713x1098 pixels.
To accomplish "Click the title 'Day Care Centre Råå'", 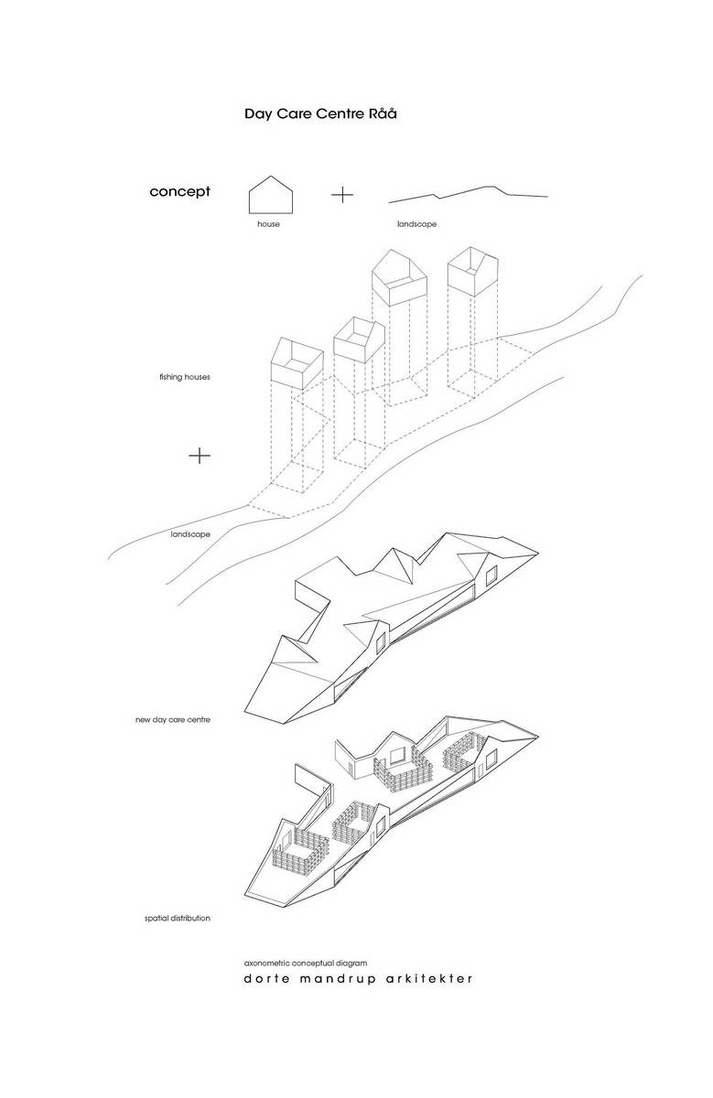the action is tap(320, 113).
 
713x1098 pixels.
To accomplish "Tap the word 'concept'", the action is tap(180, 191).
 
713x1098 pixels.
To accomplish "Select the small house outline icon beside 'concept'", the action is tap(271, 195).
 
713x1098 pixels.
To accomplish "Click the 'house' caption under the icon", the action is tap(268, 224).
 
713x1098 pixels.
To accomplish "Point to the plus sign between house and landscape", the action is tap(342, 195).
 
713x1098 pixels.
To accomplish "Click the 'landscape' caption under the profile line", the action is tap(416, 224).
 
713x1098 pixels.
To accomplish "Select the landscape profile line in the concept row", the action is tap(469, 194).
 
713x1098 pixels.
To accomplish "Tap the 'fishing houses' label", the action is tap(184, 377).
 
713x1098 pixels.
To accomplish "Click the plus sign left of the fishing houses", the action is tap(200, 456).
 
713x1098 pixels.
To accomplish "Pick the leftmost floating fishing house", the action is tap(297, 362).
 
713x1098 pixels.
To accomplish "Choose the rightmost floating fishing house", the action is tap(473, 272).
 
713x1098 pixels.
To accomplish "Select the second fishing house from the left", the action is tap(359, 339).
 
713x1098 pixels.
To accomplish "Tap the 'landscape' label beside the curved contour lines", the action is tap(190, 534).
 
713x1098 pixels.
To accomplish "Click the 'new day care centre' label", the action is tap(173, 720).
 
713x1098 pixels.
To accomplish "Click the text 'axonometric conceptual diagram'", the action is tap(306, 963).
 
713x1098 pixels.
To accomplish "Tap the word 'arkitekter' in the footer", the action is tap(429, 979).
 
